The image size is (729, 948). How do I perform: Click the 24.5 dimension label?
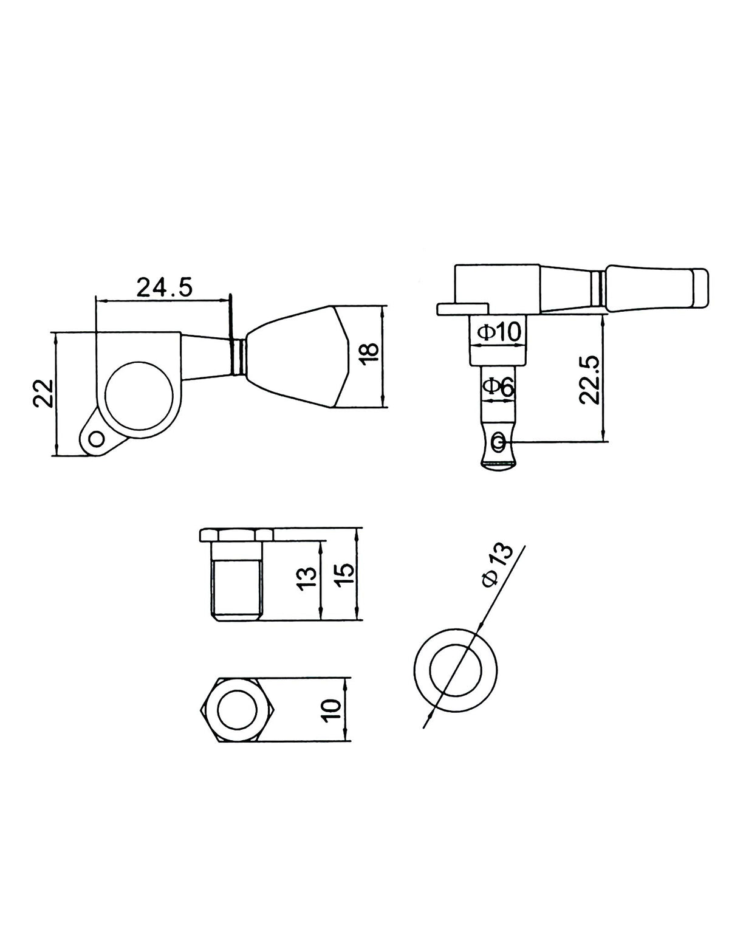(x=165, y=287)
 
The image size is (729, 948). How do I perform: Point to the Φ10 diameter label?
(x=498, y=333)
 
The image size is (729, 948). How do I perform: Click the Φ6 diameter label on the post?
(x=498, y=386)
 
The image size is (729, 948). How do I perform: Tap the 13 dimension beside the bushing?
(x=308, y=579)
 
